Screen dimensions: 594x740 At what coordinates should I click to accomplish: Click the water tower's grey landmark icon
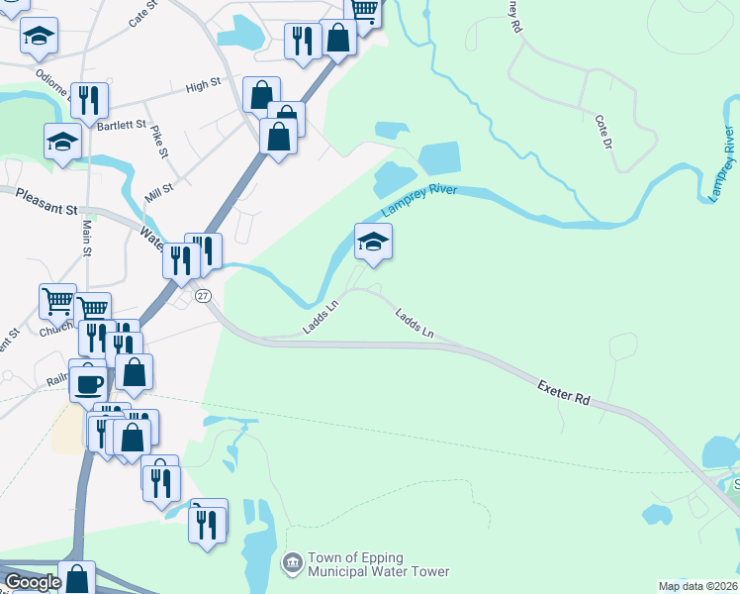[x=293, y=564]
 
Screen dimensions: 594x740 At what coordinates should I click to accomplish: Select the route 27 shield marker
[x=203, y=296]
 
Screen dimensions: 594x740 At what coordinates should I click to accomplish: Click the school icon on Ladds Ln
[x=373, y=242]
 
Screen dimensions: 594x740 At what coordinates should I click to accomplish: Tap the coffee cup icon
[x=88, y=382]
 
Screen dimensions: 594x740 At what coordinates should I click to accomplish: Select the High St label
[x=202, y=87]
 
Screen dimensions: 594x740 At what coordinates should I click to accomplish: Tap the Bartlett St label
[x=122, y=126]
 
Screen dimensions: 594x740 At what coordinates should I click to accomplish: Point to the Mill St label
[x=159, y=191]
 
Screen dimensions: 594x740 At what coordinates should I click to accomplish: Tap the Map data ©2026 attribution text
[x=698, y=586]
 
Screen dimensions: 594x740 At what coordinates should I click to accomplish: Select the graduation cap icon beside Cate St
[x=40, y=37]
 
